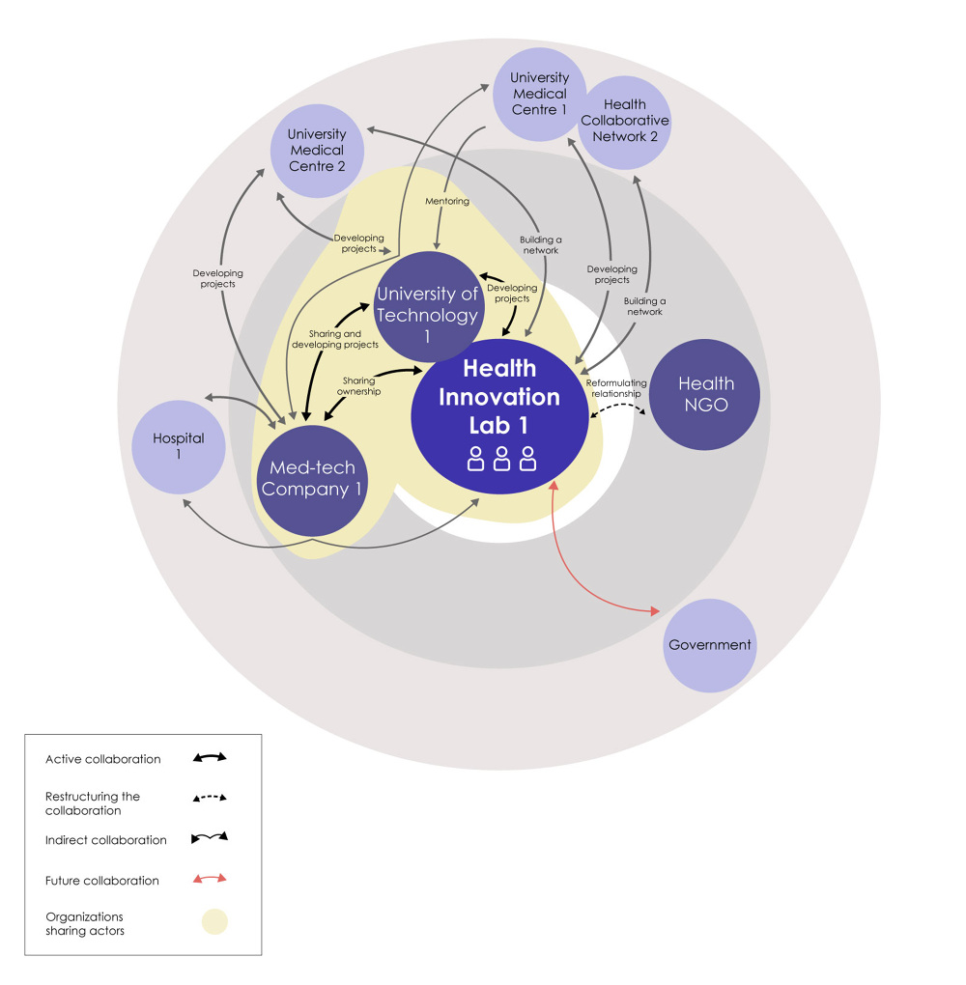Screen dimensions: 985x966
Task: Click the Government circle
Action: [709, 645]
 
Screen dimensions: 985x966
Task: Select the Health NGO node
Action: [705, 394]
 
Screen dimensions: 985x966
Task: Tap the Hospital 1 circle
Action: [179, 446]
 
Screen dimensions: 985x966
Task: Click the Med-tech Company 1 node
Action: [311, 479]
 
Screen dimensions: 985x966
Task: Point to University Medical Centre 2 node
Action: [316, 151]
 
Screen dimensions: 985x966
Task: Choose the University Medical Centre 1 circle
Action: [539, 94]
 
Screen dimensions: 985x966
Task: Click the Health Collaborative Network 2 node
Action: [625, 121]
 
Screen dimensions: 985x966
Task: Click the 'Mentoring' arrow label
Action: [447, 201]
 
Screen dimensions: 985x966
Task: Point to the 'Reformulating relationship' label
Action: [616, 388]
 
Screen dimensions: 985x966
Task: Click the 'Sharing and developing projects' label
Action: [336, 338]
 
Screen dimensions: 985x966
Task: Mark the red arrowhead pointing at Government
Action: [656, 611]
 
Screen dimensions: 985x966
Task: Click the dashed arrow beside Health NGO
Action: [618, 410]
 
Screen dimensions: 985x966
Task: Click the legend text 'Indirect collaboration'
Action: [105, 839]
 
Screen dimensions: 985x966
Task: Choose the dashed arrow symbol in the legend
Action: [210, 799]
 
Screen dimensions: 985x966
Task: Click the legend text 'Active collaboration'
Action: [102, 759]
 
